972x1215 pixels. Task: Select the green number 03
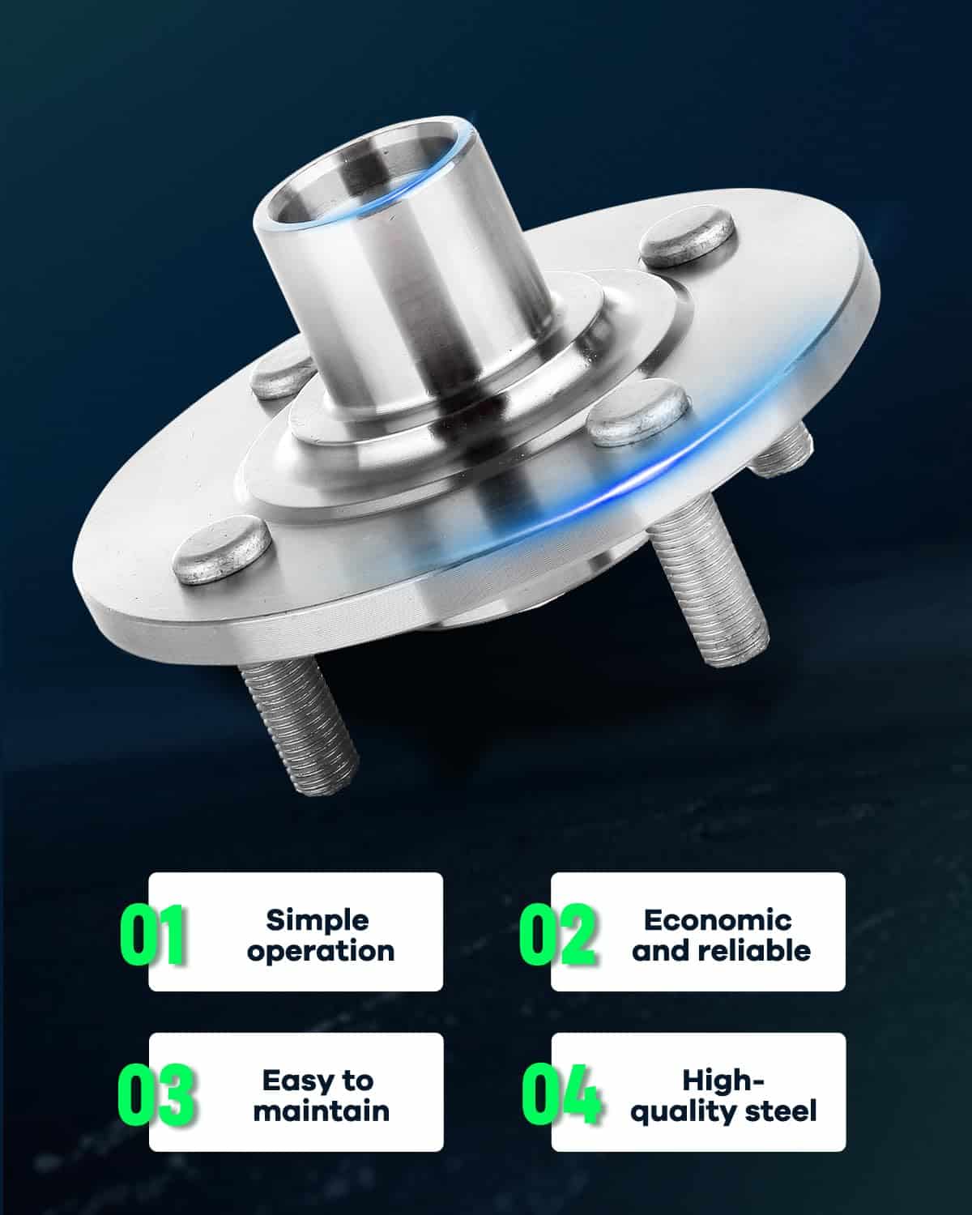click(x=156, y=1095)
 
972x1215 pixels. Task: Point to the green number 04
click(x=561, y=1095)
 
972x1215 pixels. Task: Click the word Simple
click(x=318, y=922)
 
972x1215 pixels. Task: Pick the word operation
click(x=320, y=953)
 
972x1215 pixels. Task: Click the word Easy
click(x=292, y=1082)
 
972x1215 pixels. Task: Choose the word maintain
click(x=322, y=1111)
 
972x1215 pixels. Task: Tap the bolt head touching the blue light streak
click(x=638, y=412)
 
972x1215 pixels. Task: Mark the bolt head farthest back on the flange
click(x=690, y=236)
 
